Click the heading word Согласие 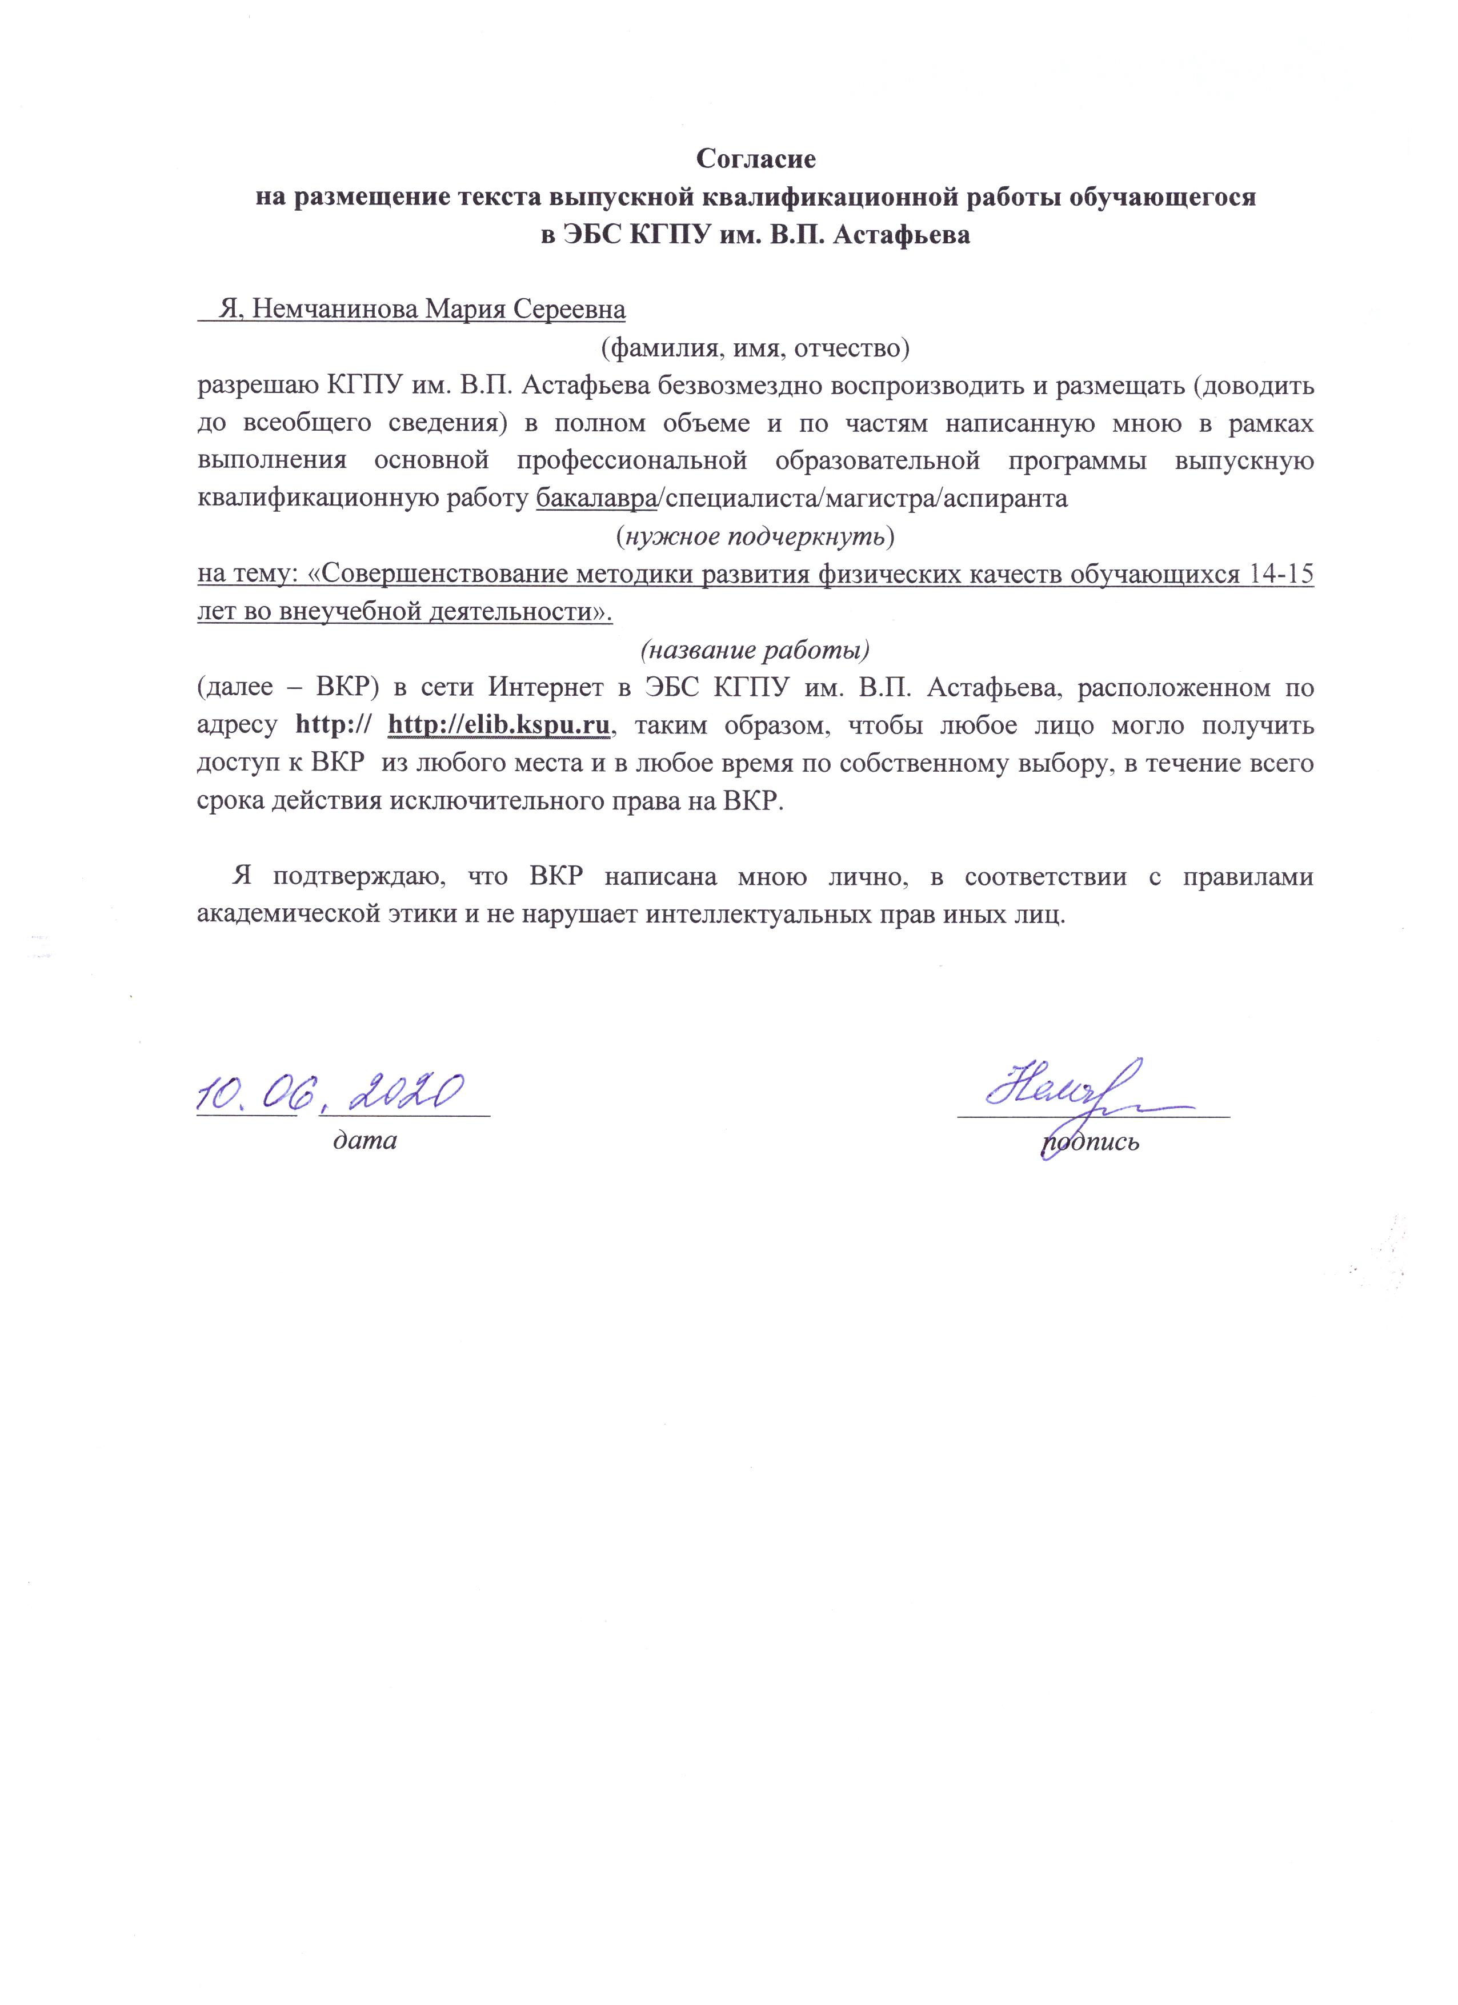point(755,159)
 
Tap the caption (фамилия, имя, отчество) point(755,348)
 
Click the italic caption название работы point(755,650)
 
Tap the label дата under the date point(364,1140)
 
